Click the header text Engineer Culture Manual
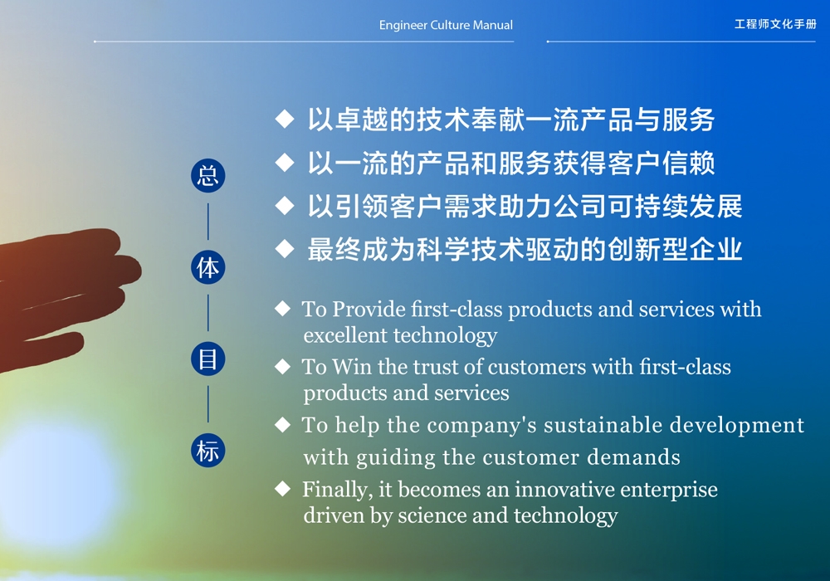(x=446, y=25)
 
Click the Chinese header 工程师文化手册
(x=775, y=24)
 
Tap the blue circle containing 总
(x=208, y=176)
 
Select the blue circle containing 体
(x=208, y=267)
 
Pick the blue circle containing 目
(x=208, y=359)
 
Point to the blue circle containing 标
(x=208, y=451)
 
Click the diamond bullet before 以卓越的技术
(x=285, y=119)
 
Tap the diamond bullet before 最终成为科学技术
(x=285, y=249)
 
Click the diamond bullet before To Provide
(x=283, y=309)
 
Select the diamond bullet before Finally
(x=283, y=489)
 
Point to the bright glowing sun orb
(x=58, y=484)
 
